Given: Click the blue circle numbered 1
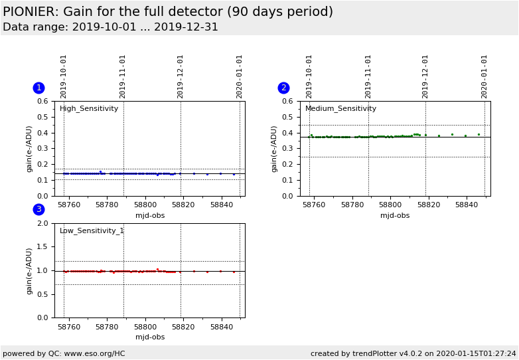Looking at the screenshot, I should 38,88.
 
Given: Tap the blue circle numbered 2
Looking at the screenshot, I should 283,88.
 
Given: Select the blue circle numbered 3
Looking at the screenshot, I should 38,209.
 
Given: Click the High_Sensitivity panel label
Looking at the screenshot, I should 89,109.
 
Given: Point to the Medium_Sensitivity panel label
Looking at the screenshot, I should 340,109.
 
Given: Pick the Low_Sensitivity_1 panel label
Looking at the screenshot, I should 92,231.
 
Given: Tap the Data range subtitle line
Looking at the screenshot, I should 110,27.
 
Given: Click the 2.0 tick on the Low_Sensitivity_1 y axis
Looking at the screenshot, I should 42,223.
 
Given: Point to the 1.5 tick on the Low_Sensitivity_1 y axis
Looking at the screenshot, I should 42,247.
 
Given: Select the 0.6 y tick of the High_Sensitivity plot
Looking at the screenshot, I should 42,102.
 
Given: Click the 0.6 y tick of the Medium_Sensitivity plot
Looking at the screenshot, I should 287,102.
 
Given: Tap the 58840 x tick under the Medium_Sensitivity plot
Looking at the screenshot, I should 467,205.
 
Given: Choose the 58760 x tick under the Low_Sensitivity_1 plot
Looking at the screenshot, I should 68,327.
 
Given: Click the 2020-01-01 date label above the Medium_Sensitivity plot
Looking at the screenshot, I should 484,76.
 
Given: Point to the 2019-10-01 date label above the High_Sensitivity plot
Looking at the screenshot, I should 64,76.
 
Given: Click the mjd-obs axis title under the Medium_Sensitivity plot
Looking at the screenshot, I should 395,215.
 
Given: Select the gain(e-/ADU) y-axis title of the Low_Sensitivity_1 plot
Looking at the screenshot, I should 29,270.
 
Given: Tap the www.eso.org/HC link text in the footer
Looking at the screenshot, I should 94,353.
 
